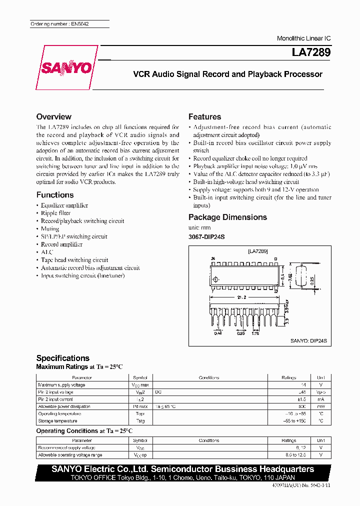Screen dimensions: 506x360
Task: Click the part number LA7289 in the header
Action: click(x=310, y=52)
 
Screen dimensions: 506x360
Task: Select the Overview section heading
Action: click(x=54, y=116)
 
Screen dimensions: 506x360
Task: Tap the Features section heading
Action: click(x=204, y=116)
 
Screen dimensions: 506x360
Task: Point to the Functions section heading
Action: click(x=55, y=195)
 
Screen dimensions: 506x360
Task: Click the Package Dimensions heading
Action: click(x=227, y=217)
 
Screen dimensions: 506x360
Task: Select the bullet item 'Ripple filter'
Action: click(x=55, y=213)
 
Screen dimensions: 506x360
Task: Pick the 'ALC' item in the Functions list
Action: click(x=47, y=252)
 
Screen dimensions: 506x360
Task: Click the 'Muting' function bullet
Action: click(x=50, y=228)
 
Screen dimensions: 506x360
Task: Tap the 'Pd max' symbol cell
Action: click(x=140, y=406)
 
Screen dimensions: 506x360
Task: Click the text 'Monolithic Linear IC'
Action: click(x=303, y=38)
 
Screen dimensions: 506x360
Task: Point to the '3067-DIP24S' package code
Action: click(x=206, y=236)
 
